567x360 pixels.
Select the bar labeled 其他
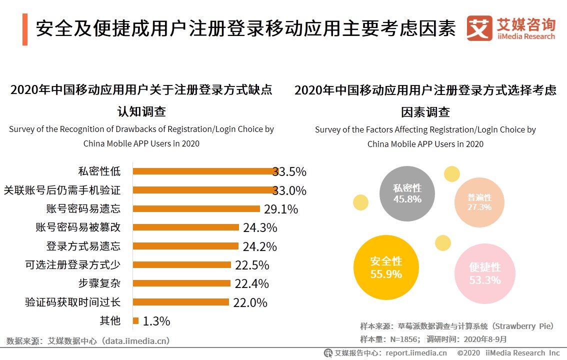point(135,320)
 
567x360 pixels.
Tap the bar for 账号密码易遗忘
point(196,208)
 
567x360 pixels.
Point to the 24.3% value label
point(260,228)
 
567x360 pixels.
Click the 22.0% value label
point(250,302)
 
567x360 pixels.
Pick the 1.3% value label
point(156,321)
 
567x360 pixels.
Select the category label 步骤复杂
point(99,283)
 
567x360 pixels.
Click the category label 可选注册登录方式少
point(72,264)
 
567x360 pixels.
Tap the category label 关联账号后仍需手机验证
point(62,190)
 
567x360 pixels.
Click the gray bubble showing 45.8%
point(407,193)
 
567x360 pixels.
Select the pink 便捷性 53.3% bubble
point(484,273)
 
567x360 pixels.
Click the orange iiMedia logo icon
point(479,28)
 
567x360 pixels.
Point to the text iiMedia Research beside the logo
point(526,36)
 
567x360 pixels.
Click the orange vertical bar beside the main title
point(24,29)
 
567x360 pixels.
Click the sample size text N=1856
point(393,339)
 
